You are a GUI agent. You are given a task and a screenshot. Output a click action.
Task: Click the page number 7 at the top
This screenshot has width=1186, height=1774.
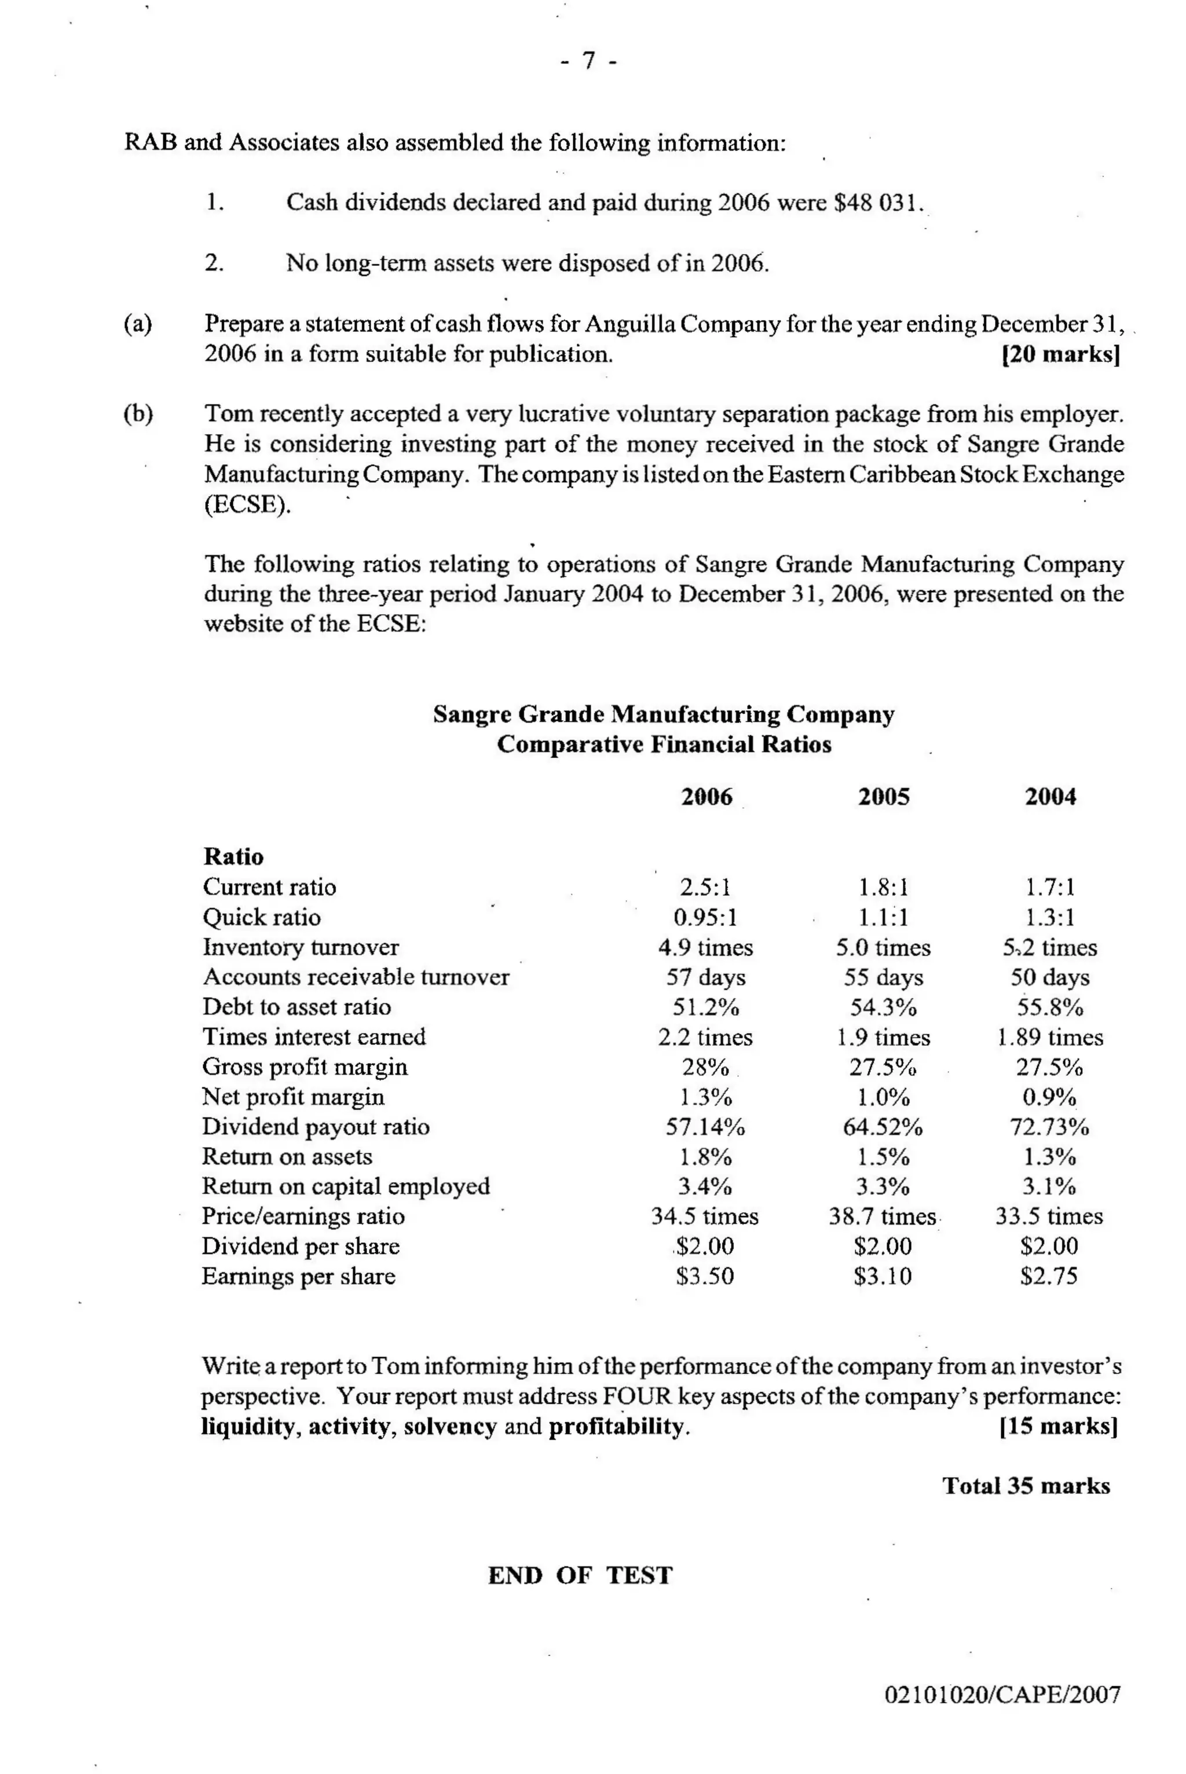point(589,60)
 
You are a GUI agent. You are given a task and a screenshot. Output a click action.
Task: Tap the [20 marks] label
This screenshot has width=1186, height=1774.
point(1060,354)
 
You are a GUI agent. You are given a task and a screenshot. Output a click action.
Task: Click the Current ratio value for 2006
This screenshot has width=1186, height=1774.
point(705,886)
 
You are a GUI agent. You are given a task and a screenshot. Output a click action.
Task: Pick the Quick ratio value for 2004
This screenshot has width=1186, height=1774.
point(1049,917)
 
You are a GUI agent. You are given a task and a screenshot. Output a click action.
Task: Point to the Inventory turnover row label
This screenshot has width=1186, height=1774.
point(301,947)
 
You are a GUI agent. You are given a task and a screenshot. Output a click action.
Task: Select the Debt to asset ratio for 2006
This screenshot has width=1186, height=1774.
point(705,1007)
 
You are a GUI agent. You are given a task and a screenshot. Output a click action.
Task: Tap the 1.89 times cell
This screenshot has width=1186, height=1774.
point(1049,1037)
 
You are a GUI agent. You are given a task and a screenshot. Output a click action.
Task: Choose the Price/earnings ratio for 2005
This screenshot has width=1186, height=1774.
point(883,1216)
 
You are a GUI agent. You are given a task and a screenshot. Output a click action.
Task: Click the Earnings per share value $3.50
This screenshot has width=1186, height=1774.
point(705,1277)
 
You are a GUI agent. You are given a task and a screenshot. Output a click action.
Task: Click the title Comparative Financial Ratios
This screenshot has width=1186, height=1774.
point(663,744)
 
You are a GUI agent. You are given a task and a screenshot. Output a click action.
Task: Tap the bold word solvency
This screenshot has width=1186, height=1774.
point(449,1427)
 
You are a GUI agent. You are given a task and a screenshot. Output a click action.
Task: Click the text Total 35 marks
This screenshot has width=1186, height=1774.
point(1026,1486)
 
